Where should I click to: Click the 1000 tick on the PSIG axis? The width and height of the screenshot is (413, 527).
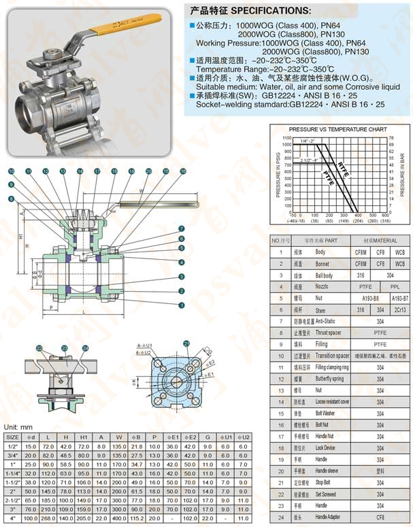(x=286, y=145)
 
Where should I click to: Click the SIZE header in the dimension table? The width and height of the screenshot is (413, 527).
(x=12, y=437)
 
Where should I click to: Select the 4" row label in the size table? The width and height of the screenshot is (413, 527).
(x=12, y=518)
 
